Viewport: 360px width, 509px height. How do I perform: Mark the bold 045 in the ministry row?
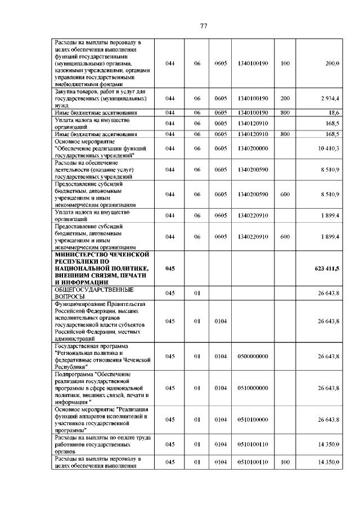click(x=170, y=269)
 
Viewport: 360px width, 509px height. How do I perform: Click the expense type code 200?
click(x=285, y=98)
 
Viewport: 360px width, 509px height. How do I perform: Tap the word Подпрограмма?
click(x=73, y=373)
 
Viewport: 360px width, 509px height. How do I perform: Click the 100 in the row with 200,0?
click(x=285, y=64)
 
